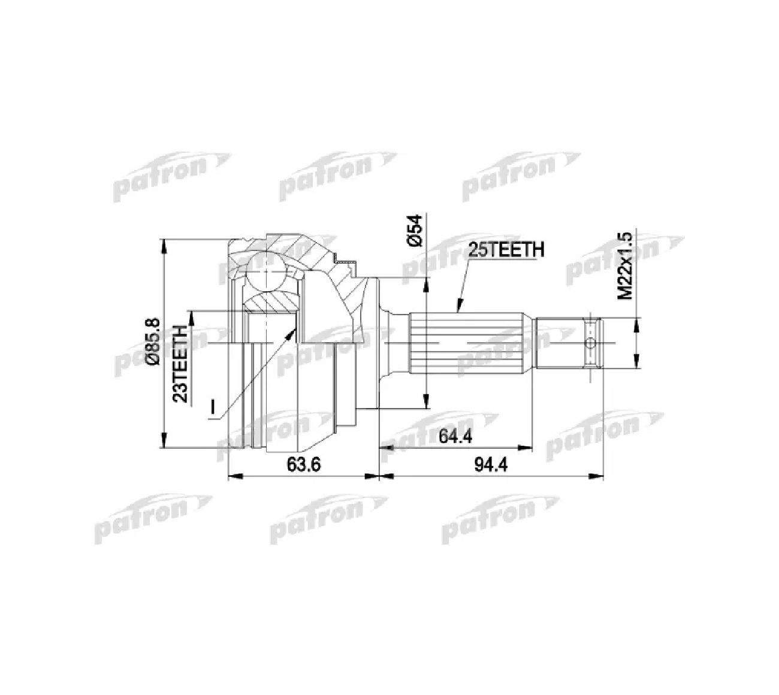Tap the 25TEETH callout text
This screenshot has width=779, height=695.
coord(505,250)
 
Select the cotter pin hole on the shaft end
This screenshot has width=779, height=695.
coord(590,343)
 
